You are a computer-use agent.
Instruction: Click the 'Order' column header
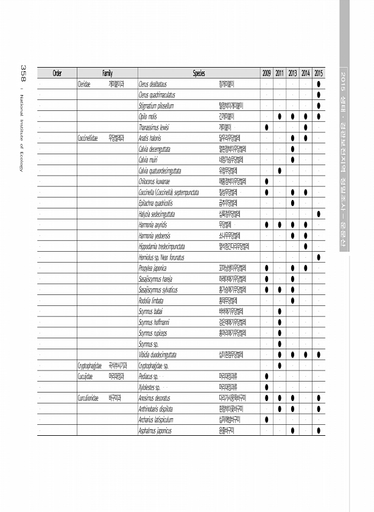[x=57, y=73]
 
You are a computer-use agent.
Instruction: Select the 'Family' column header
[x=107, y=73]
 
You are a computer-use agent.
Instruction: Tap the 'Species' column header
[x=199, y=73]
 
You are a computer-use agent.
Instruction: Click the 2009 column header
[x=267, y=73]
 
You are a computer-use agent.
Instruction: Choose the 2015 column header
[x=319, y=73]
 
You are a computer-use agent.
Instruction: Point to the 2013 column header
[x=293, y=73]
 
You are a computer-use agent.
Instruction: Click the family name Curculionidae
[x=89, y=398]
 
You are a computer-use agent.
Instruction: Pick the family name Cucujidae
[x=85, y=377]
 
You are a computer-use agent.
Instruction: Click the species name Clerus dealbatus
[x=153, y=84]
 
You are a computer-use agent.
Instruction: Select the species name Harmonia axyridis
[x=153, y=224]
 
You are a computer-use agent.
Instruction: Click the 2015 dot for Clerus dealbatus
[x=319, y=84]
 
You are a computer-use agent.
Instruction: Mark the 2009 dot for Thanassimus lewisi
[x=267, y=127]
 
